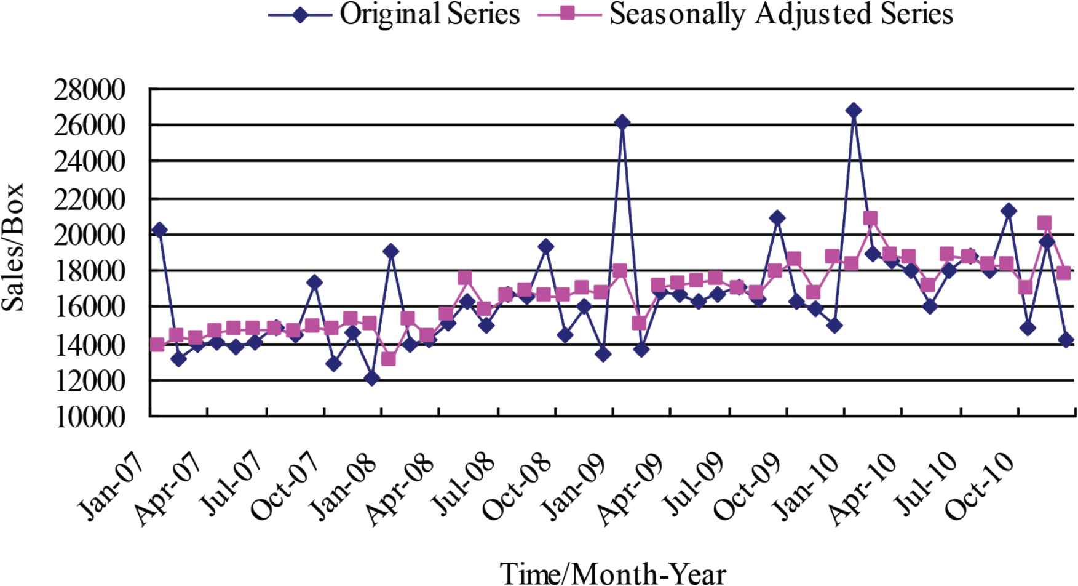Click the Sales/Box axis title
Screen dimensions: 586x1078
14,246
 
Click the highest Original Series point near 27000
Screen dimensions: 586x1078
853,111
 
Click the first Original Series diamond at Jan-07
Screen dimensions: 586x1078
159,230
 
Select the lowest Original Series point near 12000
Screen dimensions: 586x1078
371,379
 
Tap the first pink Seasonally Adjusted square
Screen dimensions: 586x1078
157,345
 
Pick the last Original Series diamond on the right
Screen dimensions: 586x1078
1066,340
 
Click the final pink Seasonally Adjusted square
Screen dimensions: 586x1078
1064,273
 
